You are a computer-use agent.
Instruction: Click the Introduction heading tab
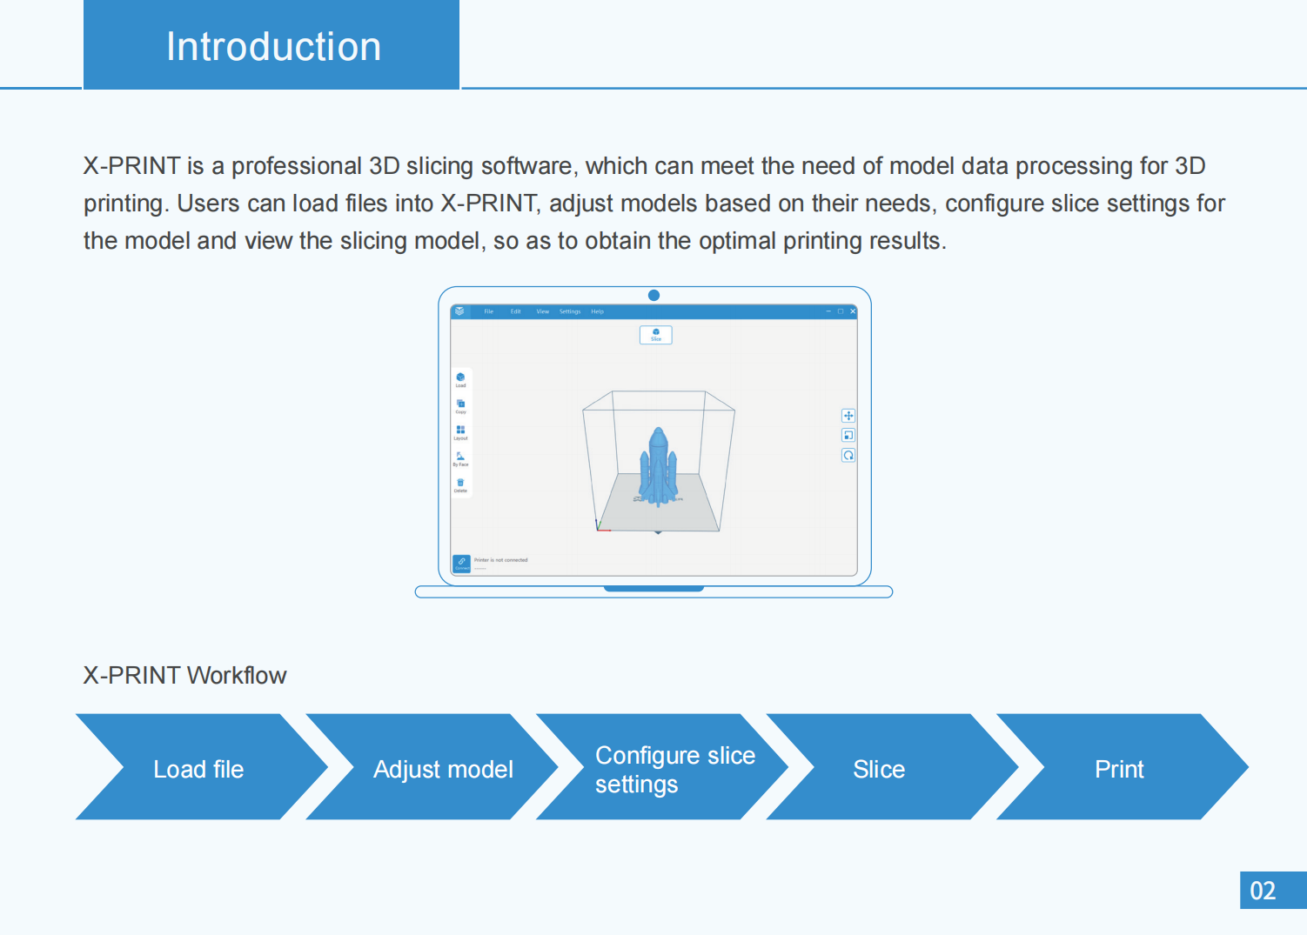tap(271, 45)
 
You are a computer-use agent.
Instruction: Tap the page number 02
tap(1263, 891)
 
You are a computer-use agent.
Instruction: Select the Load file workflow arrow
tap(198, 769)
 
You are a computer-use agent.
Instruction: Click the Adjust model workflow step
tap(442, 769)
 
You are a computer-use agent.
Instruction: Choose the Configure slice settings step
tap(674, 769)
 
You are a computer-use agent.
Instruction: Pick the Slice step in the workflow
tap(879, 769)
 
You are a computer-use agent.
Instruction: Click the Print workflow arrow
tap(1119, 769)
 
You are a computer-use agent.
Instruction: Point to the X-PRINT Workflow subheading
tap(184, 676)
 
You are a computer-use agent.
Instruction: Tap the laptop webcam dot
tap(653, 296)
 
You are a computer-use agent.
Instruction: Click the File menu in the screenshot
tap(489, 311)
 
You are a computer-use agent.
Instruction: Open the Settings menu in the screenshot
tap(570, 311)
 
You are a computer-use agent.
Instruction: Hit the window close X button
tap(853, 311)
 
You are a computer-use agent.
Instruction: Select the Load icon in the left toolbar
tap(460, 378)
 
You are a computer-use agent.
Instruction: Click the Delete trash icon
tap(460, 484)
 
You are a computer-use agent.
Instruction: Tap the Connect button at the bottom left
tap(461, 564)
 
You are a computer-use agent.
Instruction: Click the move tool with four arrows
tap(848, 416)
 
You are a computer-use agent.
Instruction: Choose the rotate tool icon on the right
tap(848, 455)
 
